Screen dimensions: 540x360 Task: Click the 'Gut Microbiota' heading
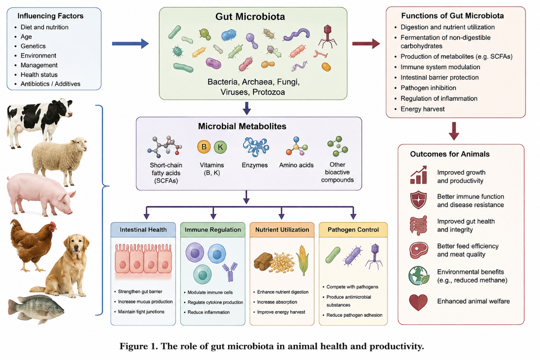pos(250,17)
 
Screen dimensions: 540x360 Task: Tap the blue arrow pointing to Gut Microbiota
pos(131,44)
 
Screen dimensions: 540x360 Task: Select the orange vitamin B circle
pos(204,147)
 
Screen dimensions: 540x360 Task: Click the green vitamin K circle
pos(221,147)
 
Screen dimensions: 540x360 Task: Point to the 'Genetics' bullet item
pos(33,46)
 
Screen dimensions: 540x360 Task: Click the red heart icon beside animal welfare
pos(418,302)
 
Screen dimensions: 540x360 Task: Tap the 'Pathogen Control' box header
pos(353,229)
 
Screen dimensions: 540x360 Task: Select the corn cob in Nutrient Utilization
pos(303,260)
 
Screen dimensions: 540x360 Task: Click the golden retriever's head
pos(77,246)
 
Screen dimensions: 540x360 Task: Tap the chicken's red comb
pos(53,225)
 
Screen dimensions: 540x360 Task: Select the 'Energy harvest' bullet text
pos(423,109)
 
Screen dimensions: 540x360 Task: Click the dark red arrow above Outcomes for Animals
pos(454,131)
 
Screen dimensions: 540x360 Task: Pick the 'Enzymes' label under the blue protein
pos(255,165)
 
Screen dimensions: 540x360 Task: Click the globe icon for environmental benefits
pos(419,276)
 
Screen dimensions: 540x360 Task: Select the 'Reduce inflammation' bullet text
pos(209,312)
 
